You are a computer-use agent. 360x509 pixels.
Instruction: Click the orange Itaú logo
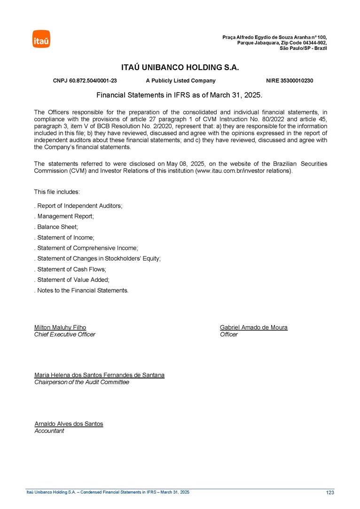[41, 39]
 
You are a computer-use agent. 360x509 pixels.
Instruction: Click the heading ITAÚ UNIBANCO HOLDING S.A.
[180, 68]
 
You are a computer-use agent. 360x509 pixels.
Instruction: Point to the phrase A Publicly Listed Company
[180, 81]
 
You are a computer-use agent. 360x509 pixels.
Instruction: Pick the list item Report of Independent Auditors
[78, 206]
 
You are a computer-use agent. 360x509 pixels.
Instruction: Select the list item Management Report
[64, 216]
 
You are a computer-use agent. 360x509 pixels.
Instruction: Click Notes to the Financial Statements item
[81, 290]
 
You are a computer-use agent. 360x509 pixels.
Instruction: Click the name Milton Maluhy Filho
[60, 327]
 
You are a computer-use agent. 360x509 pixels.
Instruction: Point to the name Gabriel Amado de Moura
[253, 327]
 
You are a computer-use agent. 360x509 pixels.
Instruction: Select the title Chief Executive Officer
[65, 334]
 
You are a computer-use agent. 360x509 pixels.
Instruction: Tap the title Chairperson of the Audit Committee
[82, 382]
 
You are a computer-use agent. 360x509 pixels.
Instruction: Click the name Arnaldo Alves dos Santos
[69, 423]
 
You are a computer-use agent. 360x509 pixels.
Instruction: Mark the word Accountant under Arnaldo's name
[49, 431]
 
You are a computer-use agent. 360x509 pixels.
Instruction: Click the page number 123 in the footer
[329, 493]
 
